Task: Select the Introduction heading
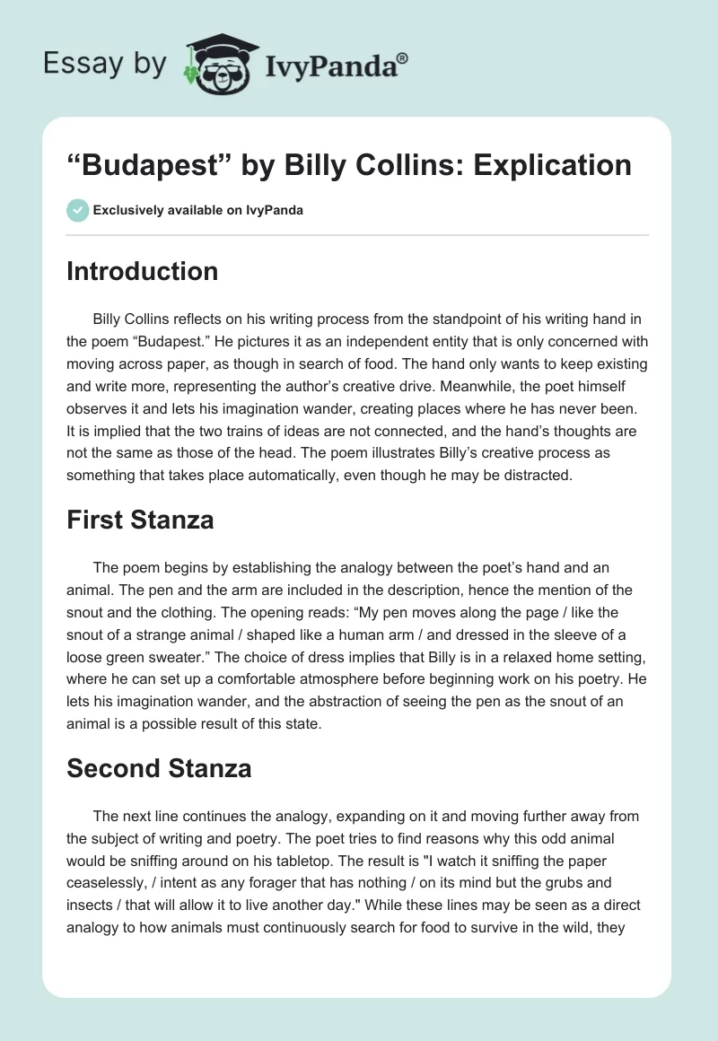(x=142, y=271)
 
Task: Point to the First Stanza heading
(x=140, y=520)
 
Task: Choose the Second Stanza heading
(x=159, y=768)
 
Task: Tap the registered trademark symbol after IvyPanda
(x=403, y=57)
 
